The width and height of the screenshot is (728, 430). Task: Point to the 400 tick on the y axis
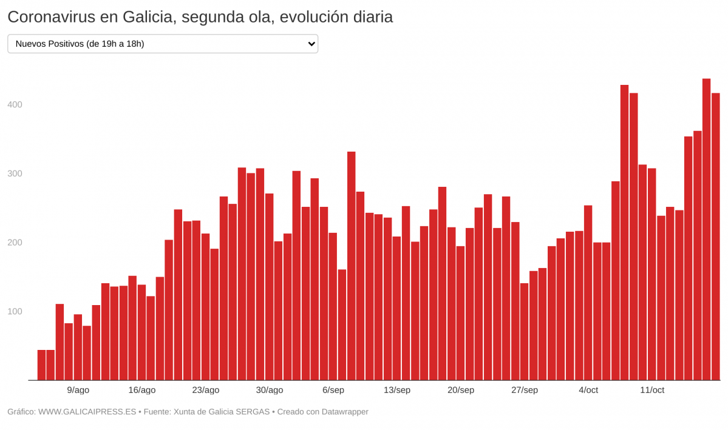click(15, 105)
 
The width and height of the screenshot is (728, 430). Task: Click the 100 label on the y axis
click(15, 312)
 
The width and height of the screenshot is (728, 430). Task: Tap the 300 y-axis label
click(15, 174)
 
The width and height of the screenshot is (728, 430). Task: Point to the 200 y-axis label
click(15, 243)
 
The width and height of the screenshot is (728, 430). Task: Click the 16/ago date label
click(141, 390)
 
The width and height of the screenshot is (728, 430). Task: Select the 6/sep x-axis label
click(333, 390)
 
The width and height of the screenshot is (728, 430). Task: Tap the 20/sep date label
click(460, 390)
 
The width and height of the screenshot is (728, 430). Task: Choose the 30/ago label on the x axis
click(269, 390)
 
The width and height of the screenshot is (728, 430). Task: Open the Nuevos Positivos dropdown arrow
click(311, 44)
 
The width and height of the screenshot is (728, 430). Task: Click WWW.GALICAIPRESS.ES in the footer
click(87, 412)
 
